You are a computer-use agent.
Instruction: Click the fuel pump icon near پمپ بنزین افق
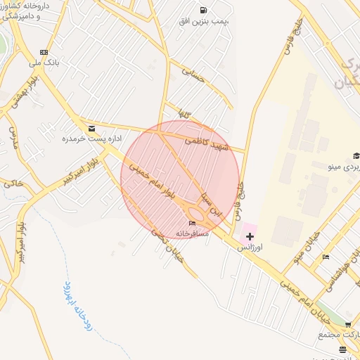203,10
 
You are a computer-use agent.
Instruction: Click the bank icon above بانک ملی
44,52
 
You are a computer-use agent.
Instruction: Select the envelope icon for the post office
92,128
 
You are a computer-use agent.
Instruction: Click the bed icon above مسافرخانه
193,223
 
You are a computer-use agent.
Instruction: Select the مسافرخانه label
192,233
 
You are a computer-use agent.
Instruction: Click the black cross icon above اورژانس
250,237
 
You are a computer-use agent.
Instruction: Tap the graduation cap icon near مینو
356,156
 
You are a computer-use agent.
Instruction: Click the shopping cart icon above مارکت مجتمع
348,326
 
